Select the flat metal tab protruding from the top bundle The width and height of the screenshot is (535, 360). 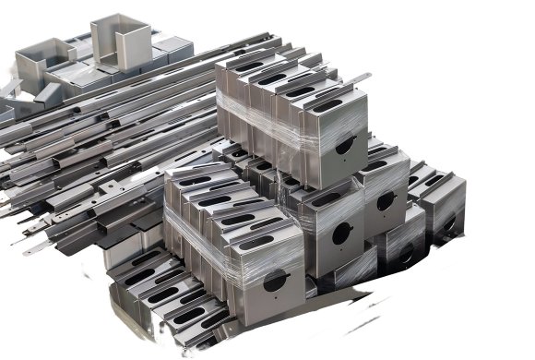[355, 80]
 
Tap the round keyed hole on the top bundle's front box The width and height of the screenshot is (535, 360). [345, 144]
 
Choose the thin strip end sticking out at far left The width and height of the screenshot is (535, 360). [35, 248]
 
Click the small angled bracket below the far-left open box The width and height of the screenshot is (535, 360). [18, 92]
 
